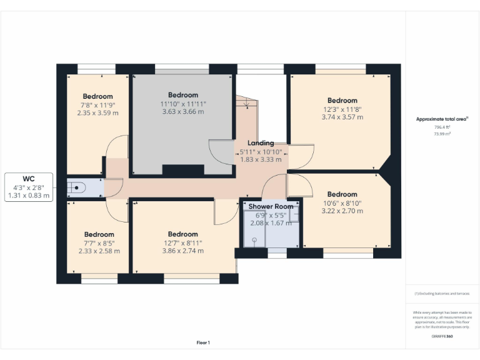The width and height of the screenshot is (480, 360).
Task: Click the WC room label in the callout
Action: (28, 178)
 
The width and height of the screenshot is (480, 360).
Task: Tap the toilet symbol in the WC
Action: (76, 187)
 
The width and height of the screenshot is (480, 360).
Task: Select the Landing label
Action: (261, 143)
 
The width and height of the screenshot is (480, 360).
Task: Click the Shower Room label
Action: (271, 206)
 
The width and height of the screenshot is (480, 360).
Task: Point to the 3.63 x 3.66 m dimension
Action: (182, 112)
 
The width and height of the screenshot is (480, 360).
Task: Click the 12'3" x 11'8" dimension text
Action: (342, 108)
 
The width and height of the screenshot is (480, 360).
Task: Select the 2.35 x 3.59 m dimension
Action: (97, 113)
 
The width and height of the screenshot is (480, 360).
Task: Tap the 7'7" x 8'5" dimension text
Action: (99, 242)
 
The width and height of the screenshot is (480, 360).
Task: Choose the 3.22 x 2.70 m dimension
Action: (342, 211)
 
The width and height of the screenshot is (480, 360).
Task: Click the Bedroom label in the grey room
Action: (182, 95)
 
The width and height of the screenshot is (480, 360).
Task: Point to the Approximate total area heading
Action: (442, 119)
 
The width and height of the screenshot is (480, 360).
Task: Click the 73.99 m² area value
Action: (442, 133)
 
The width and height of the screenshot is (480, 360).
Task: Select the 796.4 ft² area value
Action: (442, 127)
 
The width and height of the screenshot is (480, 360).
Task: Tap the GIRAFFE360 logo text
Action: (442, 336)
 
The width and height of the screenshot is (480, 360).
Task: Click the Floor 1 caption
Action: (203, 342)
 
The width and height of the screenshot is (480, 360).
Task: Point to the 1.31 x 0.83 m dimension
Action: (28, 196)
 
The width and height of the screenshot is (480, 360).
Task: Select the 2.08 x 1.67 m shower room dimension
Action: (271, 222)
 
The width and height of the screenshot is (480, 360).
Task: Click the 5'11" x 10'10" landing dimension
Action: (261, 151)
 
